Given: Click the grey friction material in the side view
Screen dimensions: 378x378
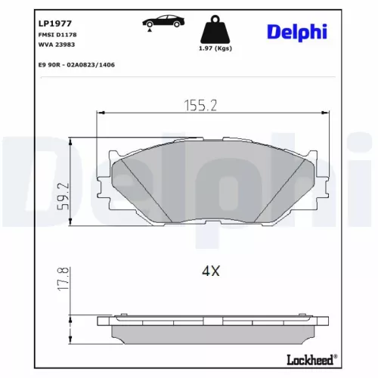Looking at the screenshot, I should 212,331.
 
